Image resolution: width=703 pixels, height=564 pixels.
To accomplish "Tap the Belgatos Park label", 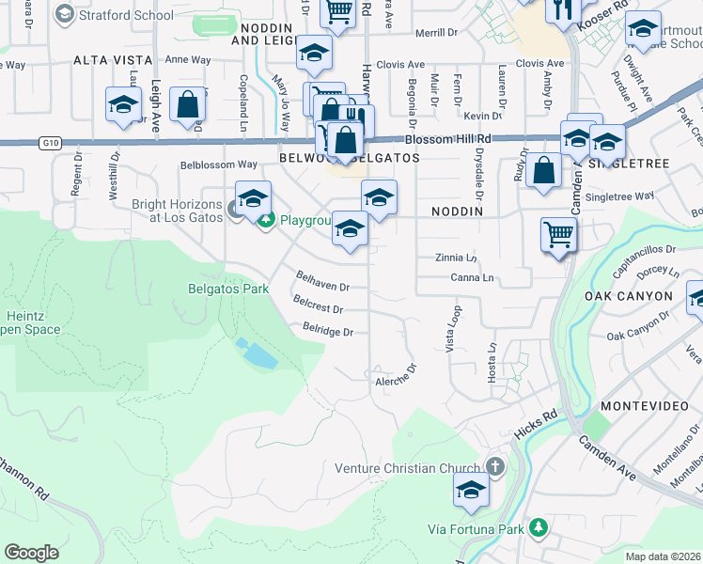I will point(229,289).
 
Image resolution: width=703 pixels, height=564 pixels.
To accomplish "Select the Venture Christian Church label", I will point(411,468).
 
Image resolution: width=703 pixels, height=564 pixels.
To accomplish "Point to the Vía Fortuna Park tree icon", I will point(538,529).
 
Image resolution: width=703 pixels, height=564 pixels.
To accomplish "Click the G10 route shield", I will point(50,143).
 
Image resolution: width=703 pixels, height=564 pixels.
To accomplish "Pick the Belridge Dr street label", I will point(327,331).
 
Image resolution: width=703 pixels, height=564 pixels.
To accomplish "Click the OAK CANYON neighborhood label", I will point(629,296).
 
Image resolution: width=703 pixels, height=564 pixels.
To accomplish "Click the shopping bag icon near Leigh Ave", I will point(188,108).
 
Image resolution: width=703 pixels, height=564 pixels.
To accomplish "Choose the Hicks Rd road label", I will point(536,426).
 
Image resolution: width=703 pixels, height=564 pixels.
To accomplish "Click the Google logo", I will point(32,553).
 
